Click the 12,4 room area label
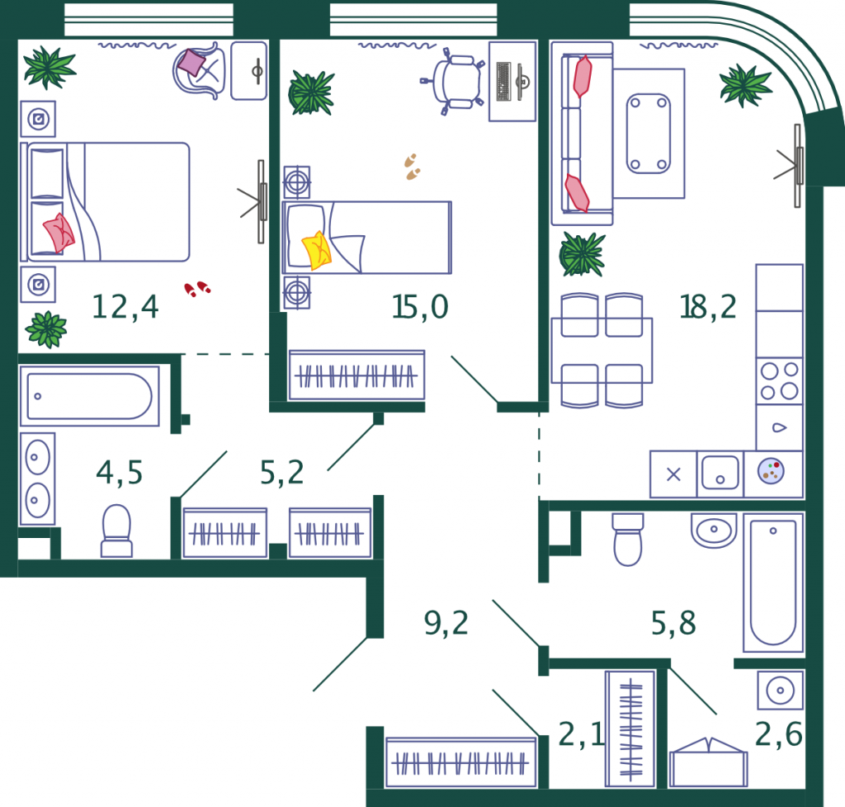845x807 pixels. point(125,307)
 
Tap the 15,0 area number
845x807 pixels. point(420,307)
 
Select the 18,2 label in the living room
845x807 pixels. point(707,307)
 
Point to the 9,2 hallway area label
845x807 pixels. point(446,623)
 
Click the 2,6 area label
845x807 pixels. point(779,734)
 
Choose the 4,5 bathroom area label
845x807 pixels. point(119,473)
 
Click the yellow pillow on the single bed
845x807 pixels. point(316,250)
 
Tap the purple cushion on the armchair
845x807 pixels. point(191,63)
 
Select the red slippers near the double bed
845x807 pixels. point(197,289)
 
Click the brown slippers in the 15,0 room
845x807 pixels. point(413,167)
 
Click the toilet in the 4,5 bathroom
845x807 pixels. point(116,531)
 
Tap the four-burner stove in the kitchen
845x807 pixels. point(779,381)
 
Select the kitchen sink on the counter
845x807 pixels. point(720,473)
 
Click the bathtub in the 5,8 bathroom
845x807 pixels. point(773,583)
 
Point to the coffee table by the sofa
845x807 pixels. point(649,134)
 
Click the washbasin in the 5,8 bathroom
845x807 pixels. point(714,530)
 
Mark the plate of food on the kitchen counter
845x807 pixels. point(772,471)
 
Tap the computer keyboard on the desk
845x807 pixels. point(503,82)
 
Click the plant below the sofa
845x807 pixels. point(582,254)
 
